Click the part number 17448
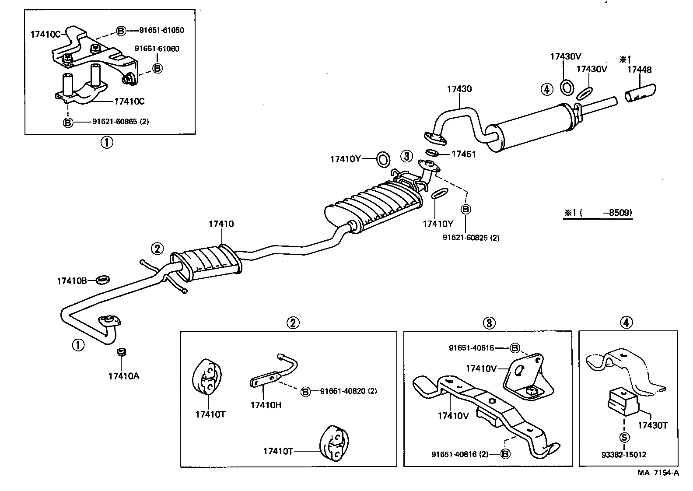click(639, 70)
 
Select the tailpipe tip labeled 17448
click(640, 94)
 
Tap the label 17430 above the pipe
click(459, 89)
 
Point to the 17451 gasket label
click(463, 154)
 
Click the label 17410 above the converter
click(221, 224)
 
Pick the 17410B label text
click(72, 281)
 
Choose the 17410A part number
click(124, 375)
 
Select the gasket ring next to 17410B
click(102, 279)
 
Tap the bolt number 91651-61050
click(161, 30)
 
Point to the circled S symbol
click(624, 437)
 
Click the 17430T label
click(652, 425)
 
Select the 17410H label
click(266, 405)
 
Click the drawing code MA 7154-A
click(658, 473)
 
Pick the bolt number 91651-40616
click(471, 348)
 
